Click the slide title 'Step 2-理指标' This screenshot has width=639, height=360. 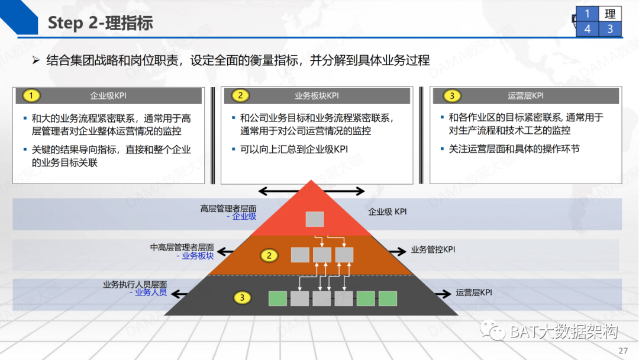click(100, 23)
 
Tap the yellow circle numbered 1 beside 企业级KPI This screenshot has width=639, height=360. click(31, 96)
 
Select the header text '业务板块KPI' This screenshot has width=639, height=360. click(317, 96)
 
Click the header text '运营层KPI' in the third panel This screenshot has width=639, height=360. click(525, 96)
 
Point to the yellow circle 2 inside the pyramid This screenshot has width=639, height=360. click(269, 256)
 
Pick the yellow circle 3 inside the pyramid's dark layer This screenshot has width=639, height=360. click(241, 298)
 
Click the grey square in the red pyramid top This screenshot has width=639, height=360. click(314, 219)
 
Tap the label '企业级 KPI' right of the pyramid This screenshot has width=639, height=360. click(388, 211)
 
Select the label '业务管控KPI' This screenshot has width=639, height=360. click(433, 250)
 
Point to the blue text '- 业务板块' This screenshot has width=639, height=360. click(195, 256)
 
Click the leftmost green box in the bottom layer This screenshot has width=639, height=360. click(277, 298)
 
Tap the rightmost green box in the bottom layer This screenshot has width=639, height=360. click(388, 298)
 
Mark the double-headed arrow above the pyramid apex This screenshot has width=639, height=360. click(312, 191)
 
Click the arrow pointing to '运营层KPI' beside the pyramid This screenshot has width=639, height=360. click(443, 292)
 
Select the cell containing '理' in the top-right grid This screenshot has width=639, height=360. click(610, 14)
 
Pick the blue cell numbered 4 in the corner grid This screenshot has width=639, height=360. click(587, 28)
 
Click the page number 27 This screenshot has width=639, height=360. click(622, 351)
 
